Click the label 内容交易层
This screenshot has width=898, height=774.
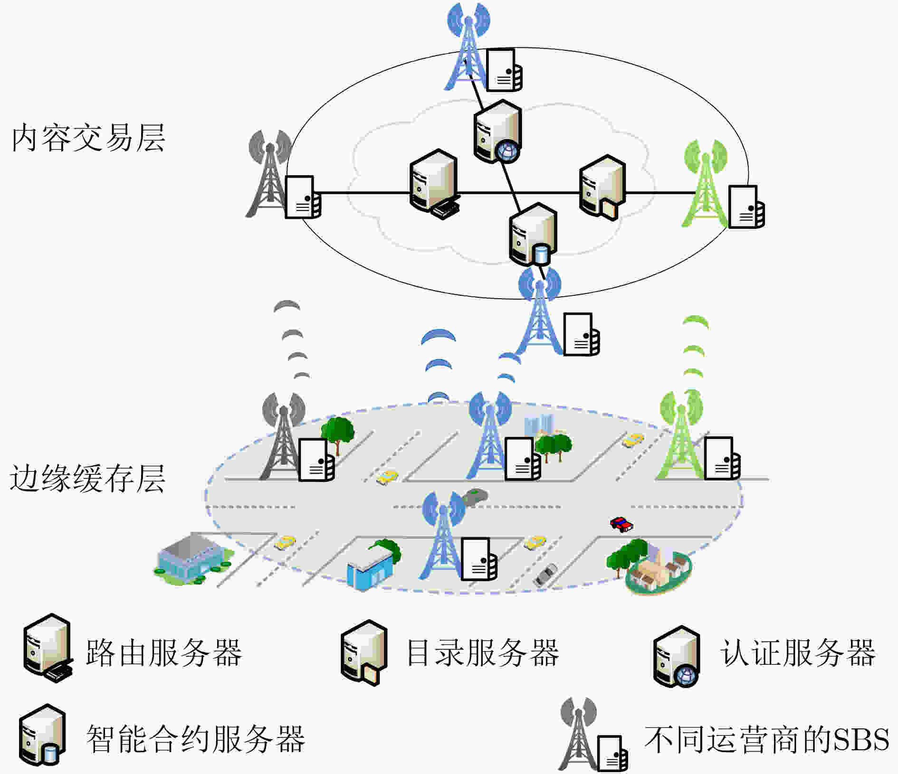pyautogui.click(x=88, y=138)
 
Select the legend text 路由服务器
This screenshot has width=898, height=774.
pyautogui.click(x=164, y=652)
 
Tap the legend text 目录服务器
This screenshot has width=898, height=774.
pyautogui.click(x=483, y=652)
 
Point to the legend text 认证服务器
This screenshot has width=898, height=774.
pyautogui.click(x=798, y=652)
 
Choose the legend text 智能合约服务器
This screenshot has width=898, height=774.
pyautogui.click(x=195, y=739)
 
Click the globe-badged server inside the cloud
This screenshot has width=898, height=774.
pyautogui.click(x=497, y=132)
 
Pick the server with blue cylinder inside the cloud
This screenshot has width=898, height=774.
pyautogui.click(x=533, y=234)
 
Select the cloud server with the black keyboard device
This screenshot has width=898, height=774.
pyautogui.click(x=434, y=184)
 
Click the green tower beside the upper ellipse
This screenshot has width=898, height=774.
pyautogui.click(x=705, y=183)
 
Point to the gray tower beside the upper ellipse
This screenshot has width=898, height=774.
pyautogui.click(x=269, y=174)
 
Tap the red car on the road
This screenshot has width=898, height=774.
pyautogui.click(x=621, y=524)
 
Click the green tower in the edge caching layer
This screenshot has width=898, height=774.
pyautogui.click(x=681, y=434)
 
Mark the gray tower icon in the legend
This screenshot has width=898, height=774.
pyautogui.click(x=578, y=733)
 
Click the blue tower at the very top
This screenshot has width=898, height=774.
pyautogui.click(x=468, y=46)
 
